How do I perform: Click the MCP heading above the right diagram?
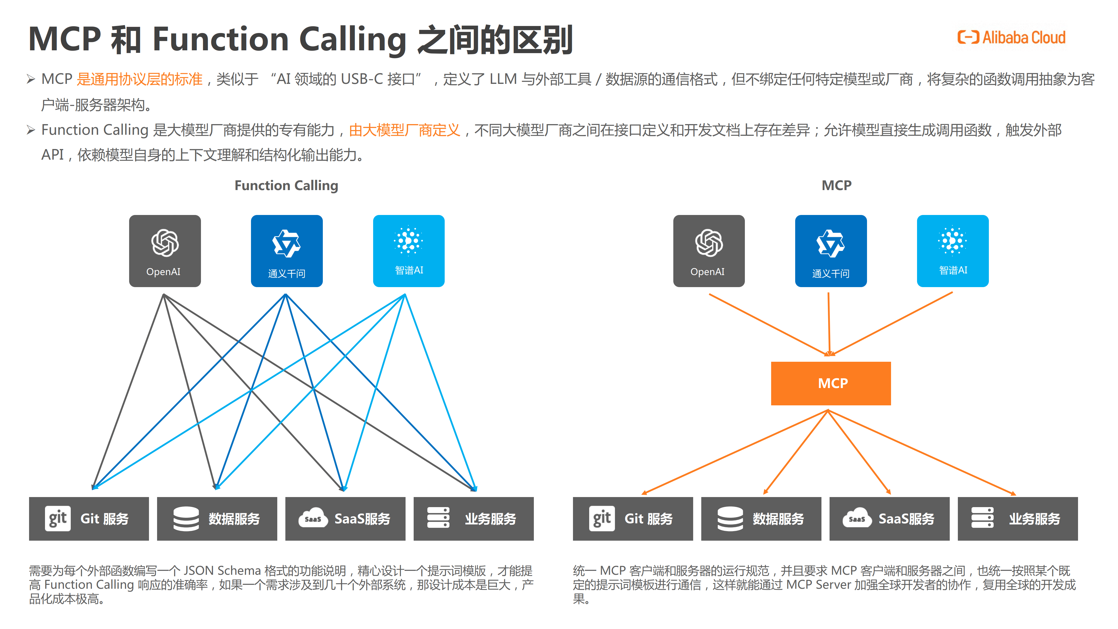point(836,185)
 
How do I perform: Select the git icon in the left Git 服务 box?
point(57,518)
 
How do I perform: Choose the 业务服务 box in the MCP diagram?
point(1017,518)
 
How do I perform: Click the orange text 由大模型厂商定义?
point(404,130)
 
